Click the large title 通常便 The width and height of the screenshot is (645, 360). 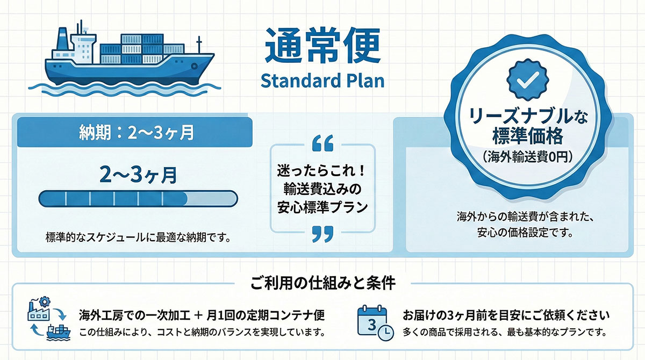pyautogui.click(x=322, y=46)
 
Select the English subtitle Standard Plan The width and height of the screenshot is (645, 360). pyautogui.click(x=322, y=81)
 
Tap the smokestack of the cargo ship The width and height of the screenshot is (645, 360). pyautogui.click(x=63, y=39)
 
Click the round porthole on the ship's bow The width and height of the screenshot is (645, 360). pyautogui.click(x=195, y=66)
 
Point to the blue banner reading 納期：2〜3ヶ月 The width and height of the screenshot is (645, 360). pyautogui.click(x=135, y=132)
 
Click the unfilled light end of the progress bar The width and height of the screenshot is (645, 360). pyautogui.click(x=212, y=199)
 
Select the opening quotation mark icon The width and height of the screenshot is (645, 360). pyautogui.click(x=323, y=143)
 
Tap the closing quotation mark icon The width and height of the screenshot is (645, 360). pyautogui.click(x=323, y=234)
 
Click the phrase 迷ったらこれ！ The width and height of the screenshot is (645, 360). pyautogui.click(x=321, y=171)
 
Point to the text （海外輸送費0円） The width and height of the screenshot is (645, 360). pyautogui.click(x=527, y=157)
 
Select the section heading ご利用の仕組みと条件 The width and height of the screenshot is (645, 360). pyautogui.click(x=323, y=284)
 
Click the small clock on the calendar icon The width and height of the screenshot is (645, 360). pyautogui.click(x=385, y=333)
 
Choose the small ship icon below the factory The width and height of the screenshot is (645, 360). pyautogui.click(x=59, y=333)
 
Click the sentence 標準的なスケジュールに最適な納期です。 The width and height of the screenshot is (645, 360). pyautogui.click(x=138, y=237)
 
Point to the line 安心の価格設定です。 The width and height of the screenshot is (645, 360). pyautogui.click(x=525, y=232)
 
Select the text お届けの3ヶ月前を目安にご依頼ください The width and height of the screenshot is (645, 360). pyautogui.click(x=506, y=315)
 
